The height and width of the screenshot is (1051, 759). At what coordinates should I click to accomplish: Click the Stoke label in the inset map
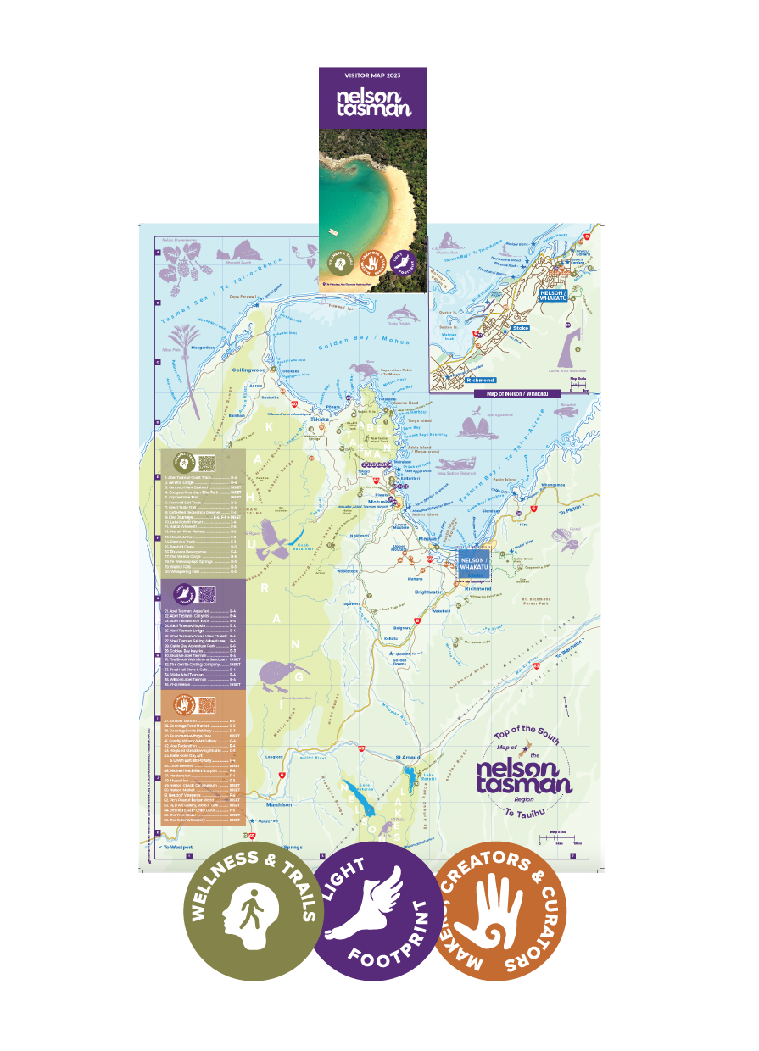(520, 327)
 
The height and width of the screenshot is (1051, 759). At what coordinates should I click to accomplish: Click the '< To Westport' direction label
(176, 847)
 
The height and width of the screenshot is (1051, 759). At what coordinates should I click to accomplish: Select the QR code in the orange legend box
(206, 704)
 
